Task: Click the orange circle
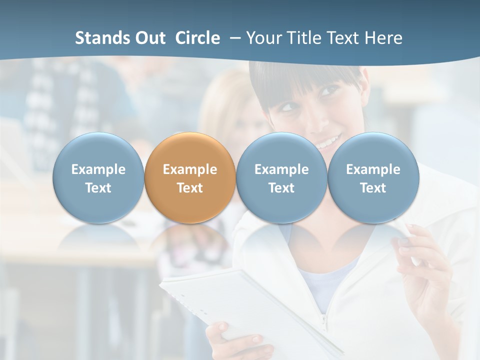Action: click(x=190, y=177)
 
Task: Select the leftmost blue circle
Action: click(x=98, y=177)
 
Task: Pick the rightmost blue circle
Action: click(x=373, y=177)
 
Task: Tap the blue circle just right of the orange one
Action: click(x=281, y=177)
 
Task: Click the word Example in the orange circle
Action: click(x=190, y=169)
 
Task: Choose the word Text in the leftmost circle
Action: click(x=98, y=188)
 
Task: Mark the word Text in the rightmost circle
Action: click(x=373, y=188)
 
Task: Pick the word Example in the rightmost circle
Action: click(x=373, y=169)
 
